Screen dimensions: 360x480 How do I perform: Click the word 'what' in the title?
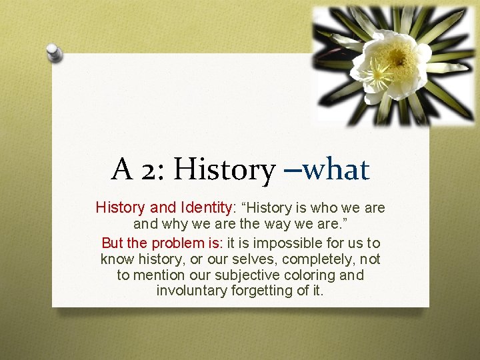336,169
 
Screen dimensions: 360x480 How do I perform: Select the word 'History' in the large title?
223,169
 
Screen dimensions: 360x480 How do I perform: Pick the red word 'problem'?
178,242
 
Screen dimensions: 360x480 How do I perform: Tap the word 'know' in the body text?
115,259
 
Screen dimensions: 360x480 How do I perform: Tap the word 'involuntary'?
191,291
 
